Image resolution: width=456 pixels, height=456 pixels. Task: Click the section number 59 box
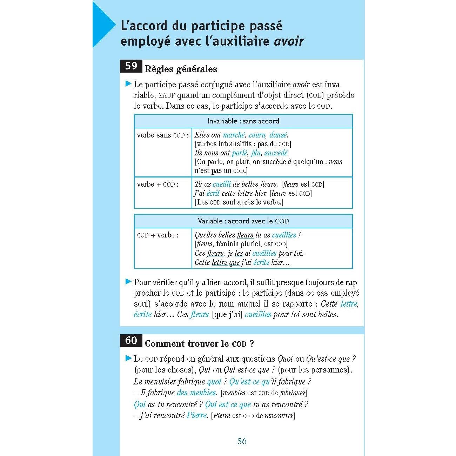click(131, 66)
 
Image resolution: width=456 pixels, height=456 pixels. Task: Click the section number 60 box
click(131, 341)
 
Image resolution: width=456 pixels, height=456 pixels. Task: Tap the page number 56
click(242, 441)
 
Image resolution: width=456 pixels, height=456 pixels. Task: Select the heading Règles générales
click(181, 69)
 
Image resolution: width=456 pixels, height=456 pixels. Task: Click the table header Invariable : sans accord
click(243, 121)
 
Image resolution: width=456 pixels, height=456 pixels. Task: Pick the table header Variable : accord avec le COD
click(243, 221)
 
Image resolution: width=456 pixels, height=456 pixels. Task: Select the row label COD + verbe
click(157, 235)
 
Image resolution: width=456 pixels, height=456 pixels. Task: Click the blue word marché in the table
click(234, 135)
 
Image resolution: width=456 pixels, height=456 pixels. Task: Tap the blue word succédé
click(276, 153)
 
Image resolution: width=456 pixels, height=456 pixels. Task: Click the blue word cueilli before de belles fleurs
click(222, 184)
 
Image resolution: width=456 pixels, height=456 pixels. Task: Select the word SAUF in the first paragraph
click(167, 95)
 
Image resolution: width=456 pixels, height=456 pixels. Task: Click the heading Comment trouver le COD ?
click(199, 344)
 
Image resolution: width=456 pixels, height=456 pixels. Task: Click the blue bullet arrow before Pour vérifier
click(128, 282)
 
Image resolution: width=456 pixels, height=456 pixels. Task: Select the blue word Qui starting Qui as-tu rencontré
click(140, 404)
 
